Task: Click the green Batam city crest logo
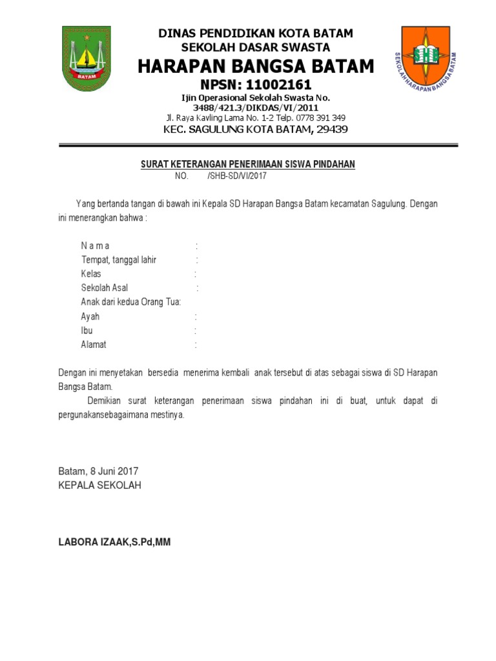87,58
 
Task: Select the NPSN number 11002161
280,85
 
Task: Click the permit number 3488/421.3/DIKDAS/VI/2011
255,108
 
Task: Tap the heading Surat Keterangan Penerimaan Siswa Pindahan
248,165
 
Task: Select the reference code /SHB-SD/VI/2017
237,176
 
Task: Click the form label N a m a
95,245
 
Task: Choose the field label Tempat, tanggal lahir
119,259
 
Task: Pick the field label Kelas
91,274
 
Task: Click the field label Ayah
90,317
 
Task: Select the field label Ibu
87,330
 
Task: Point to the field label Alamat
94,345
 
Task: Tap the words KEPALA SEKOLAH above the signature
99,485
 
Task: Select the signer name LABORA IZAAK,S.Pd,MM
114,542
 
